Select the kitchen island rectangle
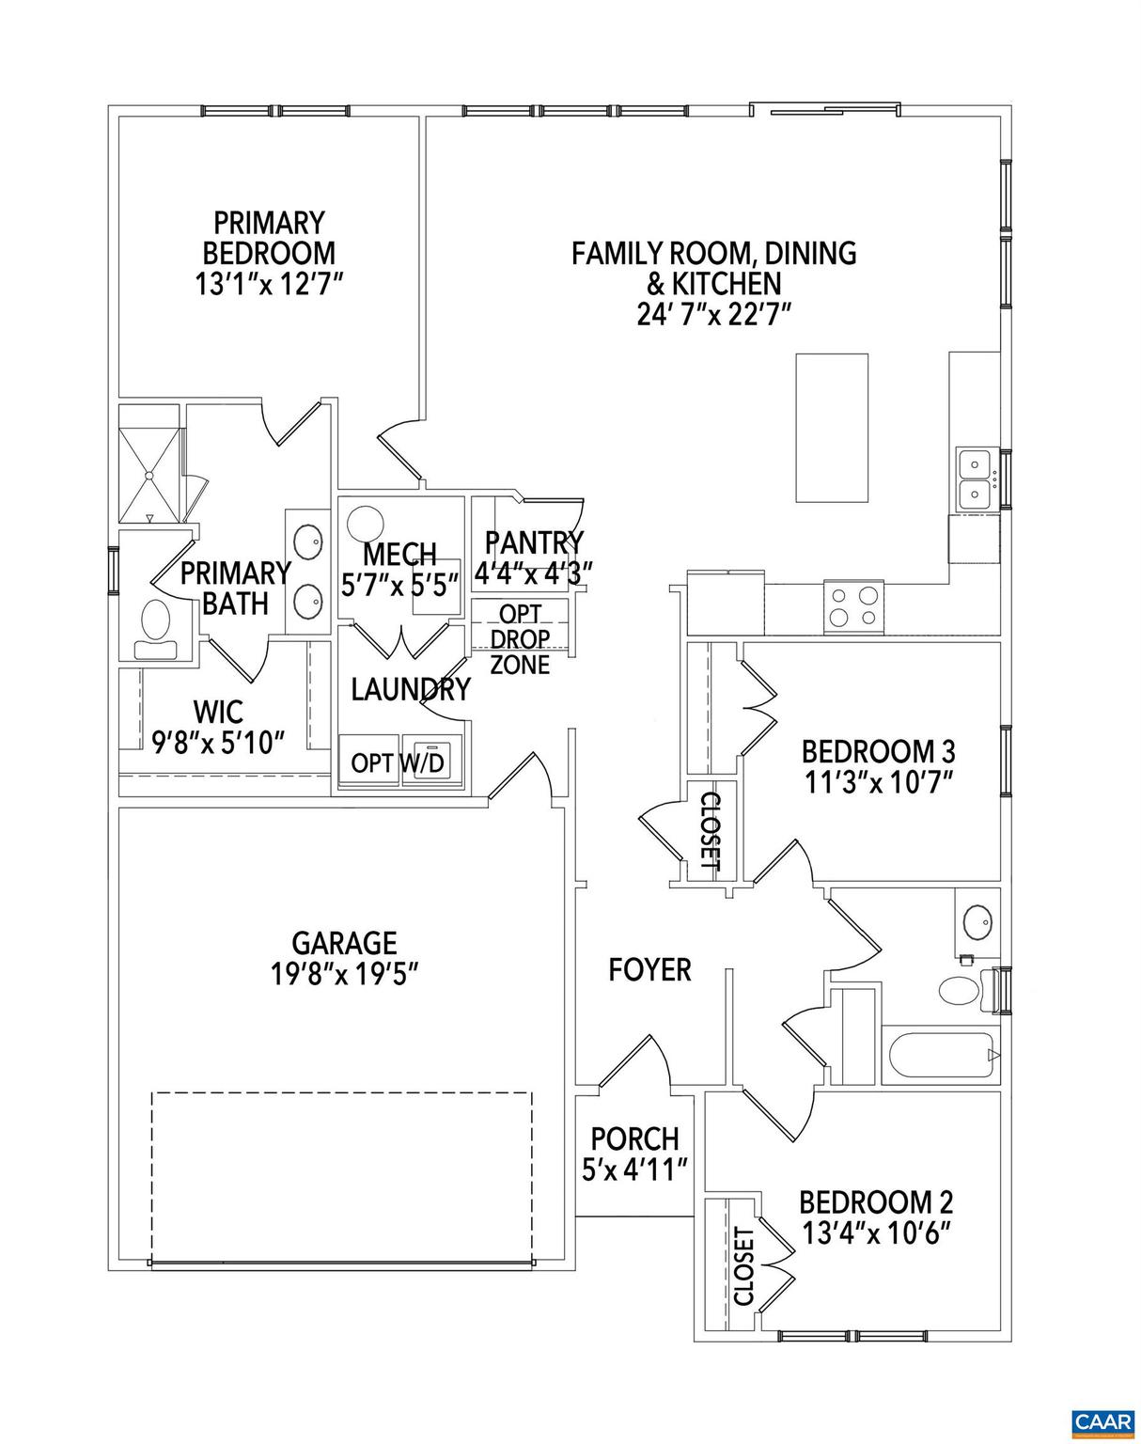[x=832, y=428]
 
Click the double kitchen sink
[x=977, y=479]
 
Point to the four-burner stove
[x=853, y=605]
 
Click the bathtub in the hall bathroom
[x=939, y=1056]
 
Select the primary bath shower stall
[x=148, y=462]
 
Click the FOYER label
[x=649, y=969]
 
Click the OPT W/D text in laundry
[x=397, y=762]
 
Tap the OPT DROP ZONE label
[x=520, y=639]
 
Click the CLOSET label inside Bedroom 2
[x=742, y=1265]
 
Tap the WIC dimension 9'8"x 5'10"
[x=218, y=743]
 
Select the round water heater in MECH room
[x=365, y=524]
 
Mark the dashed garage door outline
[x=342, y=1175]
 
